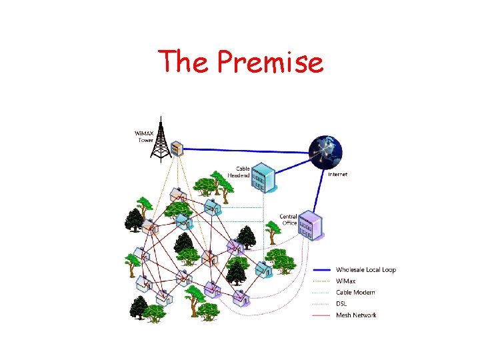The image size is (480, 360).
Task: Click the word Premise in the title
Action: click(x=271, y=63)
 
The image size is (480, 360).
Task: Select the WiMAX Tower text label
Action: click(x=145, y=137)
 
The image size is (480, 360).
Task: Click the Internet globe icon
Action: click(x=326, y=151)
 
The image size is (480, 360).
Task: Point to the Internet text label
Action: click(x=337, y=175)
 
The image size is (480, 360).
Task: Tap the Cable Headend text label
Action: click(x=239, y=172)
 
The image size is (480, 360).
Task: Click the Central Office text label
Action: click(x=288, y=220)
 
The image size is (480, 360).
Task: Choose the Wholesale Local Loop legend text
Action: click(x=365, y=270)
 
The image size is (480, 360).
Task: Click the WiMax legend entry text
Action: click(x=346, y=281)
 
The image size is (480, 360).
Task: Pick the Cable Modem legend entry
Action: click(x=355, y=293)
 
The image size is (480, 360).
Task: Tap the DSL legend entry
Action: click(x=341, y=304)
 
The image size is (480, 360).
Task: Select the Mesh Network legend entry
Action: click(x=356, y=315)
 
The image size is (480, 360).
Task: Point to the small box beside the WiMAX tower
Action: click(x=177, y=149)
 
